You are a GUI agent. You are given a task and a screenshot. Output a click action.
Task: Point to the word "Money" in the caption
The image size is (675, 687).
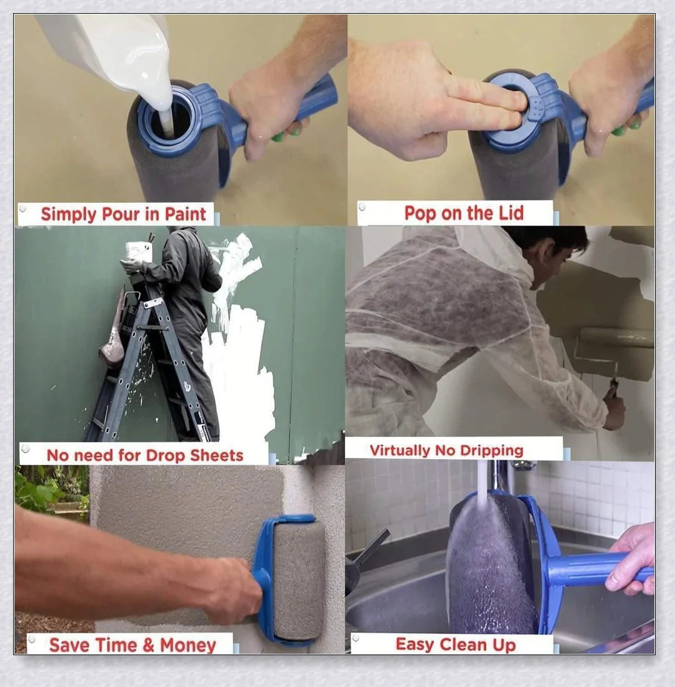(188, 645)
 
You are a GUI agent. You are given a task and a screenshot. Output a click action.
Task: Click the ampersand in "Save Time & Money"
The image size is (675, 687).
(148, 645)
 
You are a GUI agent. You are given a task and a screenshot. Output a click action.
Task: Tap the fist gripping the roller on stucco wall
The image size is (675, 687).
(234, 587)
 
